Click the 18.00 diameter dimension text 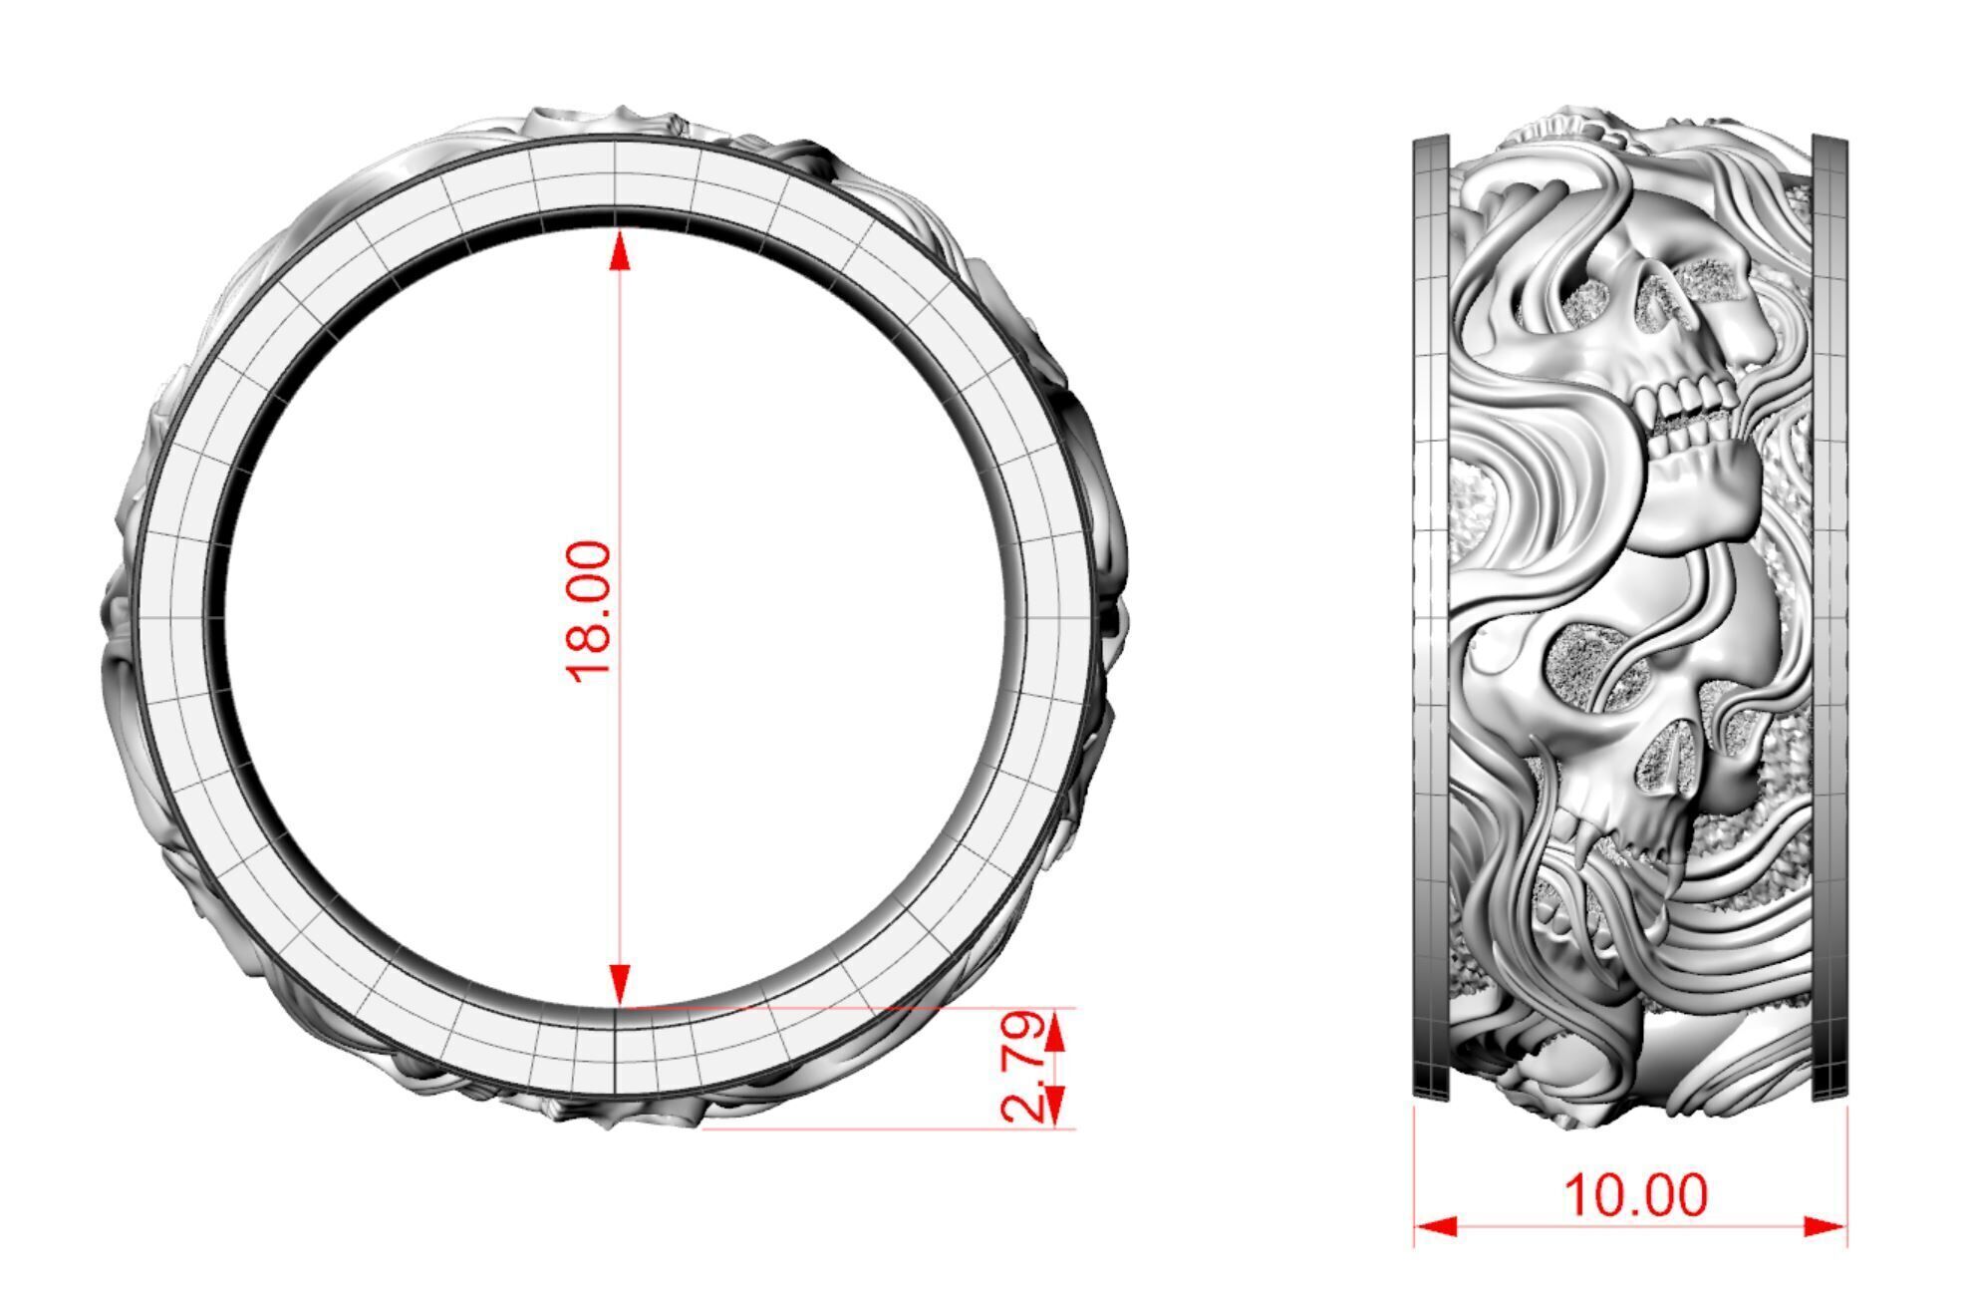click(588, 612)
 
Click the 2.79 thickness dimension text click(1022, 1068)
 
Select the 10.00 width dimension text click(1635, 1195)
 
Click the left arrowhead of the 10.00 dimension click(1435, 1225)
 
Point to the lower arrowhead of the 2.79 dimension click(1056, 1105)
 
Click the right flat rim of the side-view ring click(1829, 618)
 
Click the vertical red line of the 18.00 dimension click(620, 449)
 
